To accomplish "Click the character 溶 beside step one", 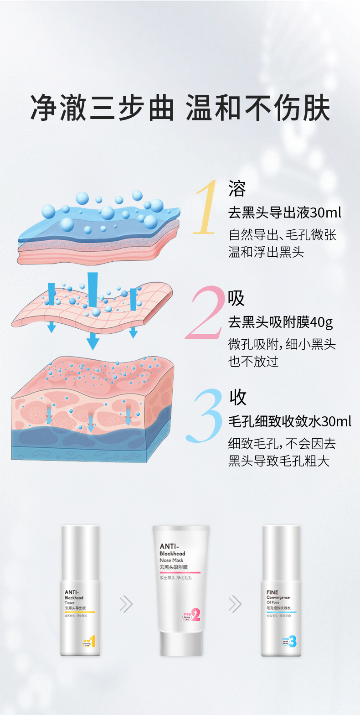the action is pos(237,188).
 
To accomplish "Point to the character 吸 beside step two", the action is pos(237,298).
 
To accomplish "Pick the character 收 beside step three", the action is pos(238,397).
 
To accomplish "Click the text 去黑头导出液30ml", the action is pos(284,212).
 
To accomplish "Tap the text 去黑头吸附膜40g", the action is pos(280,322).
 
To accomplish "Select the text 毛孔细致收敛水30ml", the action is pos(289,421).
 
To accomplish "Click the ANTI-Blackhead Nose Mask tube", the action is pos(180,588).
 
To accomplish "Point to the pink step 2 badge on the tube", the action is pos(192,615).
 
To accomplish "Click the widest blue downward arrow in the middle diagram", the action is pos(93,310).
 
